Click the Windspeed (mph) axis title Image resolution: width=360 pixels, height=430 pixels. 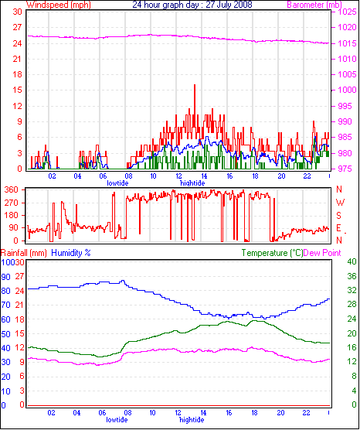point(59,5)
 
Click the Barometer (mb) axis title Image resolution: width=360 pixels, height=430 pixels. point(314,5)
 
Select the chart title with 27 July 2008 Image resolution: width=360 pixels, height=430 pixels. point(192,5)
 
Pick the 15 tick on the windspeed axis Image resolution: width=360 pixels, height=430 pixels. point(17,90)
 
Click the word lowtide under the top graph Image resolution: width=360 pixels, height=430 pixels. point(117,183)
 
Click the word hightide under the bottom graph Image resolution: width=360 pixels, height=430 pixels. point(192,420)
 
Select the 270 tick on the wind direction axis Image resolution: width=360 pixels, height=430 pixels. point(16,203)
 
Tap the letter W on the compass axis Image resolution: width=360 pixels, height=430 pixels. point(340,203)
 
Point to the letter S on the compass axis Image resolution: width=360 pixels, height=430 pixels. point(339,216)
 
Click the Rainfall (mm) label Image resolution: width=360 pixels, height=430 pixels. point(23,253)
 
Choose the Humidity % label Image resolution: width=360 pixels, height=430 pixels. point(71,253)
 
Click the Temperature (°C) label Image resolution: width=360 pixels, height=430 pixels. point(272,253)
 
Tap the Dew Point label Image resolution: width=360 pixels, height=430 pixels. point(322,253)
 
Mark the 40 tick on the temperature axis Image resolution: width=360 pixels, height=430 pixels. point(352,261)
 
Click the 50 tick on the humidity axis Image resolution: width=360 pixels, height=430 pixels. point(5,334)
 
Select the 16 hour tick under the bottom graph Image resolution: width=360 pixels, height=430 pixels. point(229,413)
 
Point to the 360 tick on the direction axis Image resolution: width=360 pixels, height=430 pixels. point(16,189)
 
